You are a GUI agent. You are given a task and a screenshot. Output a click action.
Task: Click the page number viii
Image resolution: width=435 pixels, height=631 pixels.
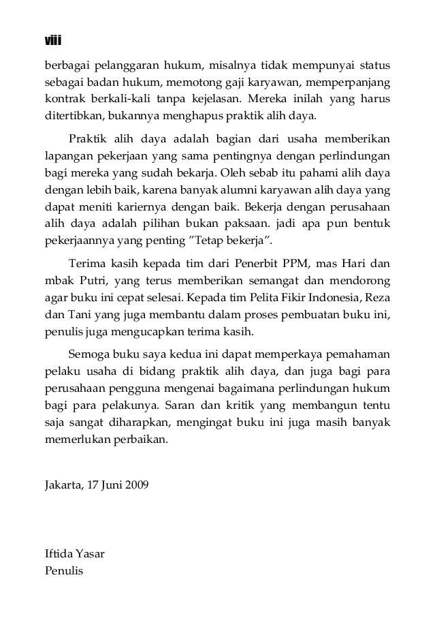click(53, 41)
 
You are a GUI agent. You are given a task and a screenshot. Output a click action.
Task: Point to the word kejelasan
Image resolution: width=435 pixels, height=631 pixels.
click(215, 99)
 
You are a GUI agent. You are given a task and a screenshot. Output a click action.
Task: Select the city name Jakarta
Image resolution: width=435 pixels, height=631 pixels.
click(61, 487)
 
